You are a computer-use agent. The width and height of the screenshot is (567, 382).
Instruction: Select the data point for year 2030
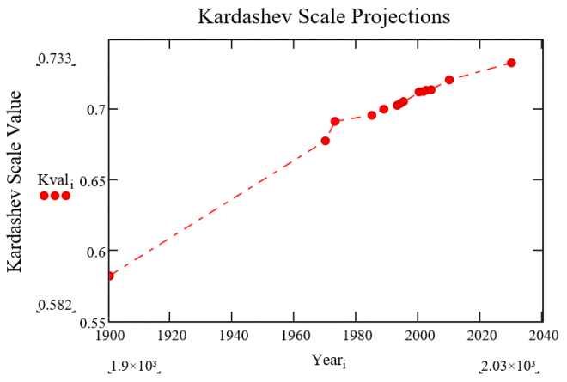511,63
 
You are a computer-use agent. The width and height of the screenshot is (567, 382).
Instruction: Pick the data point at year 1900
110,276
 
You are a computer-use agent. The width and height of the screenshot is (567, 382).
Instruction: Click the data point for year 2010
449,80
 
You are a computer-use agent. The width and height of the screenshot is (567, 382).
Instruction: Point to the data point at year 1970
326,141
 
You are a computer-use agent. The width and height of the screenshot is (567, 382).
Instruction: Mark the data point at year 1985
372,115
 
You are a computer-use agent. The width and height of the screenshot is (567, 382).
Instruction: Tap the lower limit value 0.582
55,306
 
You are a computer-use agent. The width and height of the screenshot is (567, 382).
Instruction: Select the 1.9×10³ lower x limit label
135,367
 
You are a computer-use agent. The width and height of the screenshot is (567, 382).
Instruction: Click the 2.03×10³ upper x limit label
510,367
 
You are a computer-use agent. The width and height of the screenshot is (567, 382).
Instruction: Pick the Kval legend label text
53,180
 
